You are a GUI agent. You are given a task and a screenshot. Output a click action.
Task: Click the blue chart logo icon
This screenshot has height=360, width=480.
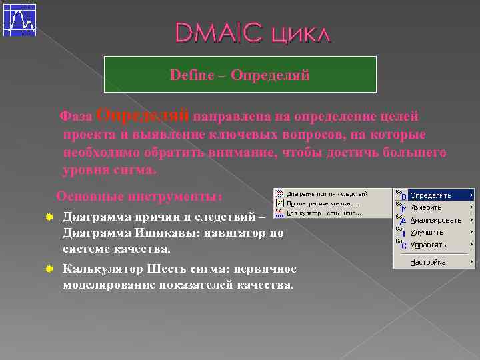coord(20,20)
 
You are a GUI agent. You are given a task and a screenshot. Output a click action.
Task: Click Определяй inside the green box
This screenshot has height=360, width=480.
coord(270,75)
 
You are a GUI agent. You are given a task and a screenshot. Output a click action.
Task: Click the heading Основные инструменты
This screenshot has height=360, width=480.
coord(139,197)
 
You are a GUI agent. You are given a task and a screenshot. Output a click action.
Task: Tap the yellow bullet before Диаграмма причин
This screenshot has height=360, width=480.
coord(49,217)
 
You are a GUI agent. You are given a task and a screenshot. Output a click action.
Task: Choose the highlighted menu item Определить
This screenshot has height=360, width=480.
coord(431,195)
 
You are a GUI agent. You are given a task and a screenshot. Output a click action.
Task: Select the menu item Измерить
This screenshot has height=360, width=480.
coord(426,207)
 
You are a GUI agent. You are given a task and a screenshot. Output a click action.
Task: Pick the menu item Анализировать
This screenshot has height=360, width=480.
coord(435,220)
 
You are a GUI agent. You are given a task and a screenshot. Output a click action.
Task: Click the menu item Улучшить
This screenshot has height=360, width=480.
coord(427,232)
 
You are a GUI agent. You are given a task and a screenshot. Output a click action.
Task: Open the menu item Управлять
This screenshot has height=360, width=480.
coord(428,245)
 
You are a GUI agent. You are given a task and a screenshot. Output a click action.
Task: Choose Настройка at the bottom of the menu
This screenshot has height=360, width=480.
coord(427,262)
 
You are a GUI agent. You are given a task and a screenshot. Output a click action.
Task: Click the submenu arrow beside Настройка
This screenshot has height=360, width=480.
coord(471,262)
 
